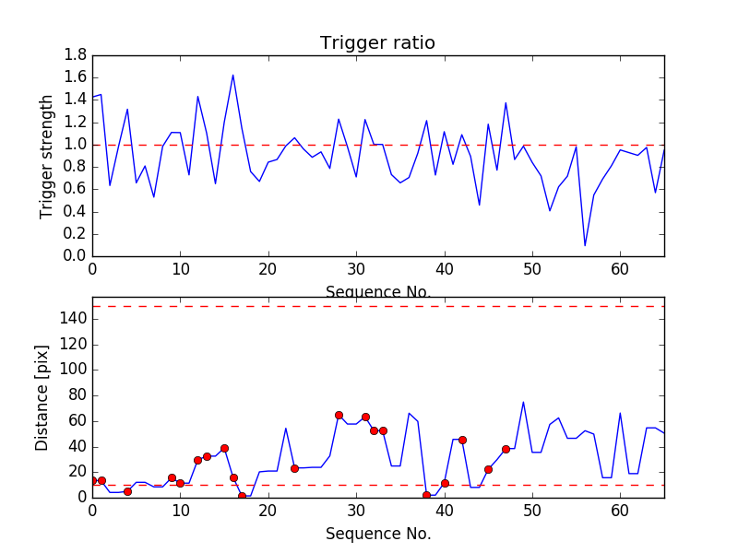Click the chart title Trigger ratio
click(x=377, y=43)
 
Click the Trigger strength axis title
click(x=47, y=156)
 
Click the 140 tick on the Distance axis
click(x=73, y=319)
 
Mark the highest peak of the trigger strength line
click(x=232, y=75)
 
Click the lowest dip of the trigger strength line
click(x=585, y=245)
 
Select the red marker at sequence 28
click(x=339, y=415)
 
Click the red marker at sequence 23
click(x=294, y=468)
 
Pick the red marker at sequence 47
click(x=506, y=449)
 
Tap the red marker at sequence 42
click(x=462, y=440)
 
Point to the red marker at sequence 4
click(x=127, y=491)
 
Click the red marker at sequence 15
click(x=224, y=448)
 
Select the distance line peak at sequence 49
click(x=523, y=402)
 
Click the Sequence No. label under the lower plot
click(x=377, y=534)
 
